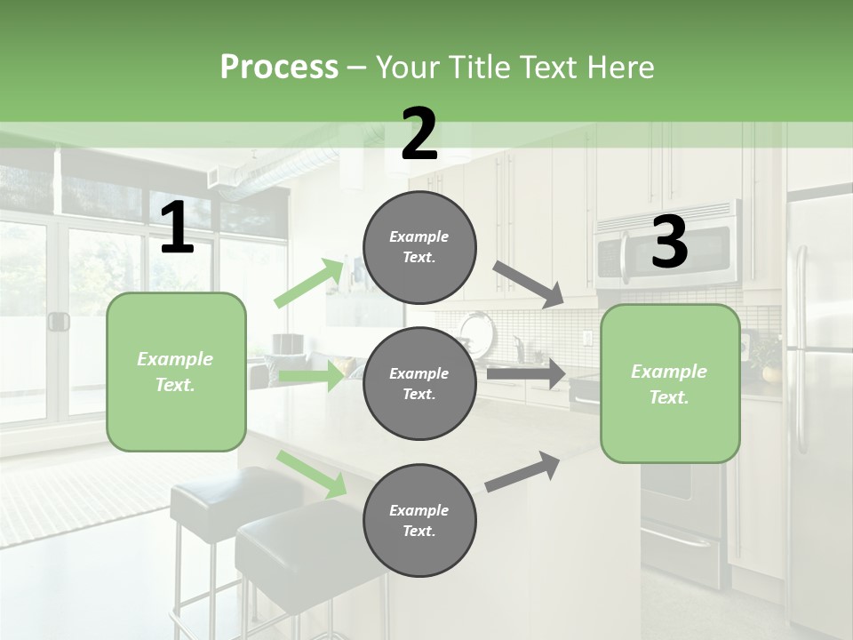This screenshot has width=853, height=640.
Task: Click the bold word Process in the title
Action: [279, 68]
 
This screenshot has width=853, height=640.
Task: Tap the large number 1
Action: [177, 228]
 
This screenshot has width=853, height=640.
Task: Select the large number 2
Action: [419, 135]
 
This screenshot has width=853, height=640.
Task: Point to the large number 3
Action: [669, 243]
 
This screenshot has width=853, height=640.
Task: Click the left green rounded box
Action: [176, 372]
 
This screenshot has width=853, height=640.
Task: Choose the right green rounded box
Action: [670, 383]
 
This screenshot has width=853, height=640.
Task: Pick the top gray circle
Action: [419, 247]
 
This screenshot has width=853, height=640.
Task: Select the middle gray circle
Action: [419, 383]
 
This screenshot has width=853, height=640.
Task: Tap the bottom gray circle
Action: [419, 520]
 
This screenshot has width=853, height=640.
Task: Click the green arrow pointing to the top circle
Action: [310, 283]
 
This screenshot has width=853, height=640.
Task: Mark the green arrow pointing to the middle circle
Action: [310, 376]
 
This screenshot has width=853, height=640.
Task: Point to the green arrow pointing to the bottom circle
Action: [311, 474]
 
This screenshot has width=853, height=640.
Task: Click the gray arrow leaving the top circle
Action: [529, 284]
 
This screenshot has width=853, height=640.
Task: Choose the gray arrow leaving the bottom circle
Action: [522, 471]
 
